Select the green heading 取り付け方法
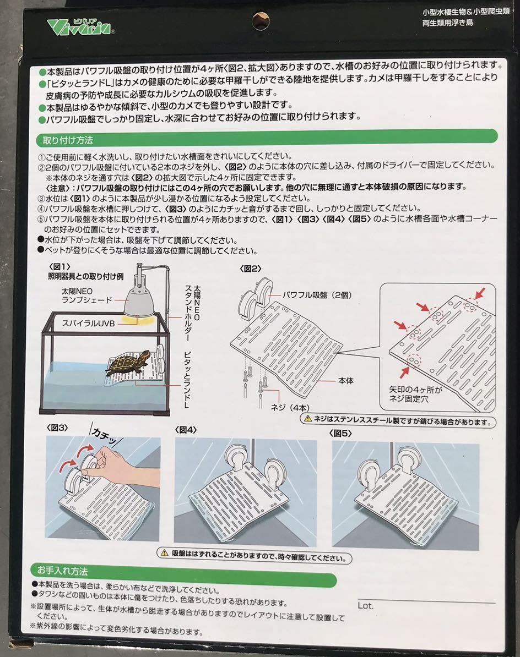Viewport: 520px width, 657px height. pos(65,140)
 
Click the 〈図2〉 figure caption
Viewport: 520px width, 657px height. pos(250,269)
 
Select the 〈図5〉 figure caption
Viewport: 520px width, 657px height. pos(342,433)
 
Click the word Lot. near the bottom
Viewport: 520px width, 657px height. pos(365,605)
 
